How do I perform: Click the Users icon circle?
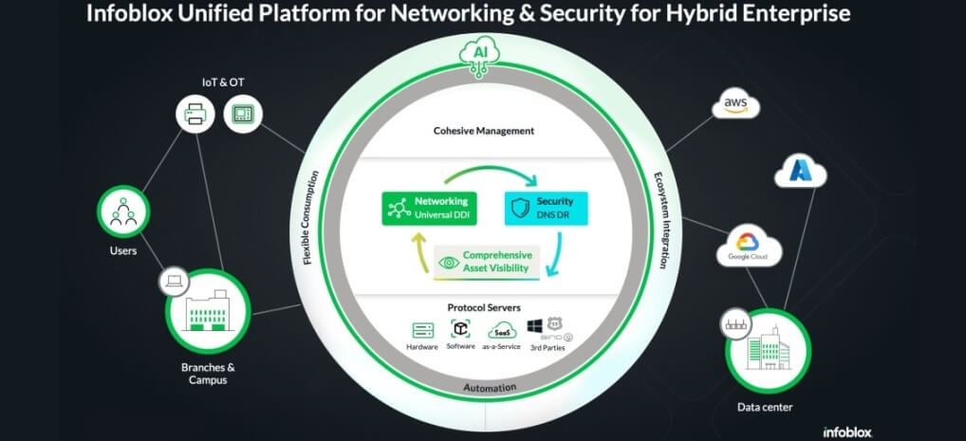coord(123,212)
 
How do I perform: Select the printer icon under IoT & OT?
coord(195,116)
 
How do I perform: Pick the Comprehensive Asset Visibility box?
coord(487,263)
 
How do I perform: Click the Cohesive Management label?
coord(484,131)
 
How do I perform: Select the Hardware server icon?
coord(422,331)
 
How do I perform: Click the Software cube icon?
coord(460,330)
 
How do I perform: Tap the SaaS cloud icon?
coord(502,331)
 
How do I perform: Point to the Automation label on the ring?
coord(489,388)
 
